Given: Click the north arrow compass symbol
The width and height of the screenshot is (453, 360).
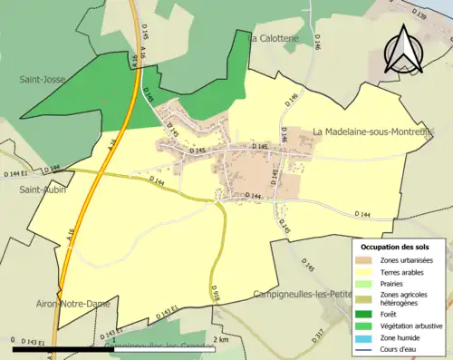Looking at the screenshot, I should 403,50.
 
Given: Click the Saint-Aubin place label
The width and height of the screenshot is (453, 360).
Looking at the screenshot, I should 42,190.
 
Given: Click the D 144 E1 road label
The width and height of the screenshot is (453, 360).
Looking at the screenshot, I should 17,172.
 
